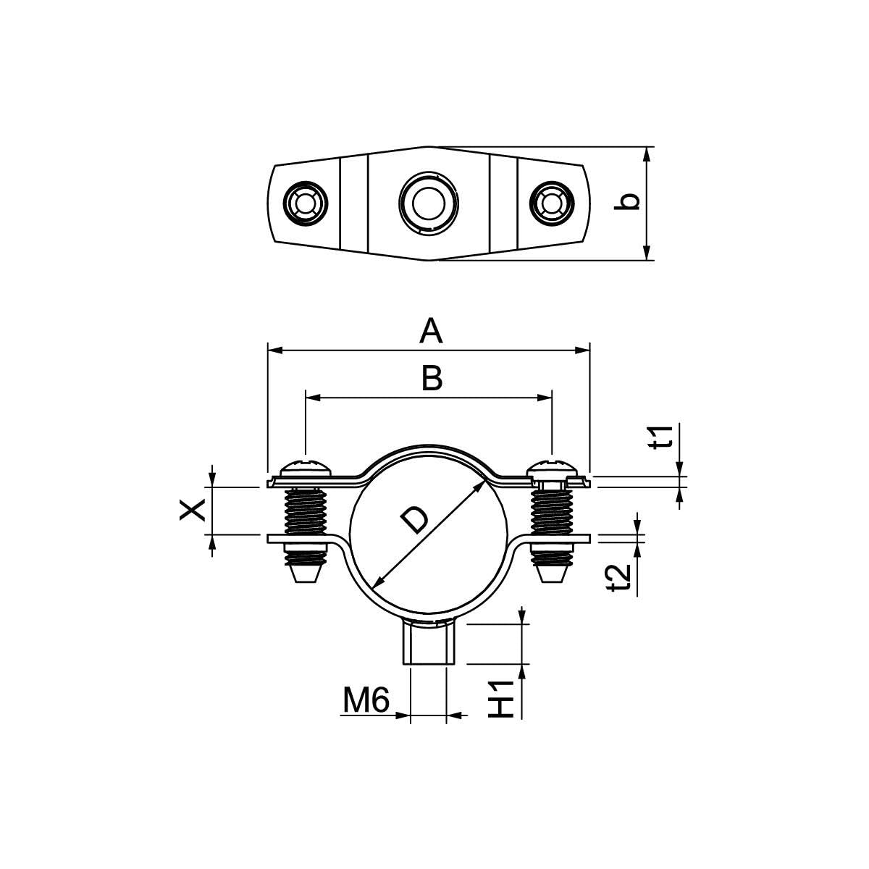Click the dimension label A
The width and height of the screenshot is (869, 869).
tap(431, 331)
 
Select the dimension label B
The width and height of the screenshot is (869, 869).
tap(432, 378)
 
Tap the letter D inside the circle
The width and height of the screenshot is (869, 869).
tap(414, 520)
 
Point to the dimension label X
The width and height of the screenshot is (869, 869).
tap(193, 511)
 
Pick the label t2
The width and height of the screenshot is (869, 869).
tap(618, 579)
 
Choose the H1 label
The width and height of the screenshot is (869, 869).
tap(501, 700)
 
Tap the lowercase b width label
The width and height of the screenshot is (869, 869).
tap(627, 202)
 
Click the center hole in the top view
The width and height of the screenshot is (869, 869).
tap(429, 203)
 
